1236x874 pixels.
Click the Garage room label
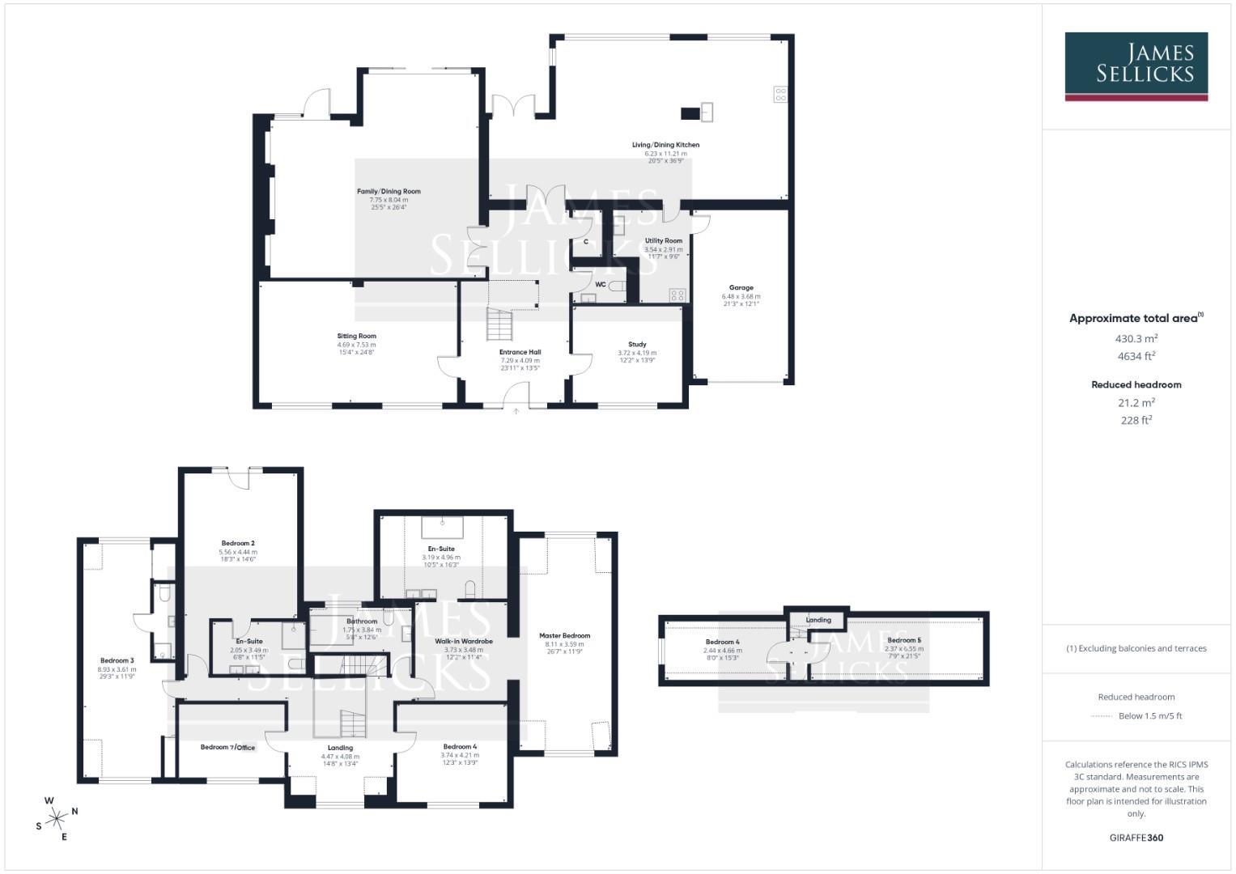coord(741,287)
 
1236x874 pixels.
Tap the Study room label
coord(637,345)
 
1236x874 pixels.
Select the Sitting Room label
coord(356,336)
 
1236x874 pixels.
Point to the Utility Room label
coord(663,240)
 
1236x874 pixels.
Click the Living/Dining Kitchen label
coord(665,145)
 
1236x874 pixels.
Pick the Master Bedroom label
coord(564,636)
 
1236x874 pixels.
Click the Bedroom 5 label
coord(903,640)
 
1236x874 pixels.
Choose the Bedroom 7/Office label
coord(227,747)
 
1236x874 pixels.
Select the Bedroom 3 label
coord(117,660)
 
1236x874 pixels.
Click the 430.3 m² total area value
coord(1136,339)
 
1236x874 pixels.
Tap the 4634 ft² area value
coord(1136,356)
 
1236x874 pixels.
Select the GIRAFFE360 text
coord(1136,838)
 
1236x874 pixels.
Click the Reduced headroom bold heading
coord(1136,384)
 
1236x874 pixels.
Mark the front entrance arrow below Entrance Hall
coord(516,412)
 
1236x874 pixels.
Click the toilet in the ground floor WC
coord(617,285)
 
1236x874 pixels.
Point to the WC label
coord(601,285)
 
